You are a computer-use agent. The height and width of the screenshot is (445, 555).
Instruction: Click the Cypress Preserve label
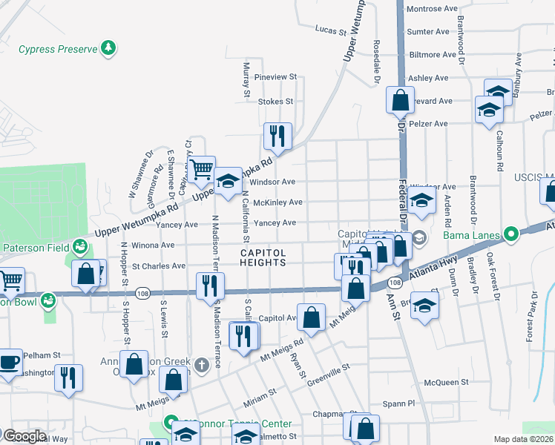pos(58,49)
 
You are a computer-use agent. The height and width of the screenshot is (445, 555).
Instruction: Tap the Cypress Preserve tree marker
pos(109,48)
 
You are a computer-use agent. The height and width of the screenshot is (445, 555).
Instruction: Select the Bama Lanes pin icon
pos(510,235)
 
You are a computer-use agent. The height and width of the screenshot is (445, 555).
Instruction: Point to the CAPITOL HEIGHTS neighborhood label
pos(263,257)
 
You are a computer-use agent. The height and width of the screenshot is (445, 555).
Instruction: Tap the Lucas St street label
pos(331,32)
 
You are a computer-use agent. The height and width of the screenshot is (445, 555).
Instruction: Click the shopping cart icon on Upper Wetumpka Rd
pos(201,169)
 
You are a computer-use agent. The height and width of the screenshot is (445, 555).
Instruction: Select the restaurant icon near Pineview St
pos(277,136)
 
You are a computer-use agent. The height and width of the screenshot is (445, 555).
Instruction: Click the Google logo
pos(24,436)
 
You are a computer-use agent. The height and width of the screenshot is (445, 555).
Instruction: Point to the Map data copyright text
pos(523,439)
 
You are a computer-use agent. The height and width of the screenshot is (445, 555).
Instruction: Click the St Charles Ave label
pos(158,266)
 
